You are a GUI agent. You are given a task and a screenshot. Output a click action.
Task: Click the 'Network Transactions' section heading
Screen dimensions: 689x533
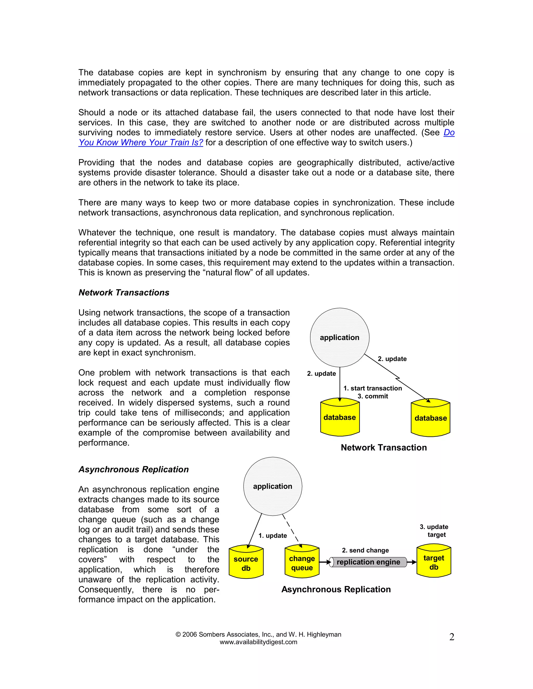point(124,292)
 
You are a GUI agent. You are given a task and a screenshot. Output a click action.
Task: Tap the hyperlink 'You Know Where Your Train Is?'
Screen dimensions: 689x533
point(141,142)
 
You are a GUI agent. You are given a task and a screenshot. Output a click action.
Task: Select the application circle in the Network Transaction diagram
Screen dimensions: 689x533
point(339,337)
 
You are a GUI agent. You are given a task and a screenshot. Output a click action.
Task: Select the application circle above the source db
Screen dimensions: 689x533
point(272,486)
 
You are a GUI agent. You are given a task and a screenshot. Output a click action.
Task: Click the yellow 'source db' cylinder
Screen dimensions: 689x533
point(246,563)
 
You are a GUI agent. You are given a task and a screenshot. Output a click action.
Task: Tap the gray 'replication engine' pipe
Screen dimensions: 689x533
point(368,562)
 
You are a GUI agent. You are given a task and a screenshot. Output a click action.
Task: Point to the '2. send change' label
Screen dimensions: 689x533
point(365,550)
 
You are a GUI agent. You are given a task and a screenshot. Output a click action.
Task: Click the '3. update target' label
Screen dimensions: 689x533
point(434,531)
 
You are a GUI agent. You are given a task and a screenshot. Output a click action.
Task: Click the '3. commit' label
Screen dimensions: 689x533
point(373,396)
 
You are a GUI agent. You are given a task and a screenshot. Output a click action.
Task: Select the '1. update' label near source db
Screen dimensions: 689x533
point(272,535)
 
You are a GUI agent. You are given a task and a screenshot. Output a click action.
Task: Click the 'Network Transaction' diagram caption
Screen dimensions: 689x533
point(384,447)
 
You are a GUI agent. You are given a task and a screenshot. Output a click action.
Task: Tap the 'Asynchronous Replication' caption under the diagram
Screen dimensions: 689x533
point(336,589)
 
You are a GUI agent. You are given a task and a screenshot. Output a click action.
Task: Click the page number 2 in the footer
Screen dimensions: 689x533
point(452,637)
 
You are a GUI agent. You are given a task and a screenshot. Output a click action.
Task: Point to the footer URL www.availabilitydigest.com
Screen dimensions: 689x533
point(258,642)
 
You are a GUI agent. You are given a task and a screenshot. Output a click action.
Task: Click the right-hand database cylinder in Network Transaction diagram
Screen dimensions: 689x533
point(430,418)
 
